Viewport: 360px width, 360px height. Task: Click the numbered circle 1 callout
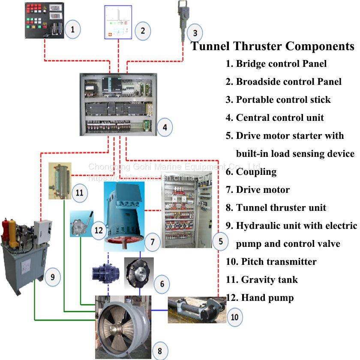[x=72, y=29]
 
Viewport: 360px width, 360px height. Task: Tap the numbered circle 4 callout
[x=165, y=127]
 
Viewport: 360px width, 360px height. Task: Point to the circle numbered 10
[x=234, y=318]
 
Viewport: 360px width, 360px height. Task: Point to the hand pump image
[x=81, y=221]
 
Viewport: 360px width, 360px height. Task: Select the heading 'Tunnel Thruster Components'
[x=273, y=46]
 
